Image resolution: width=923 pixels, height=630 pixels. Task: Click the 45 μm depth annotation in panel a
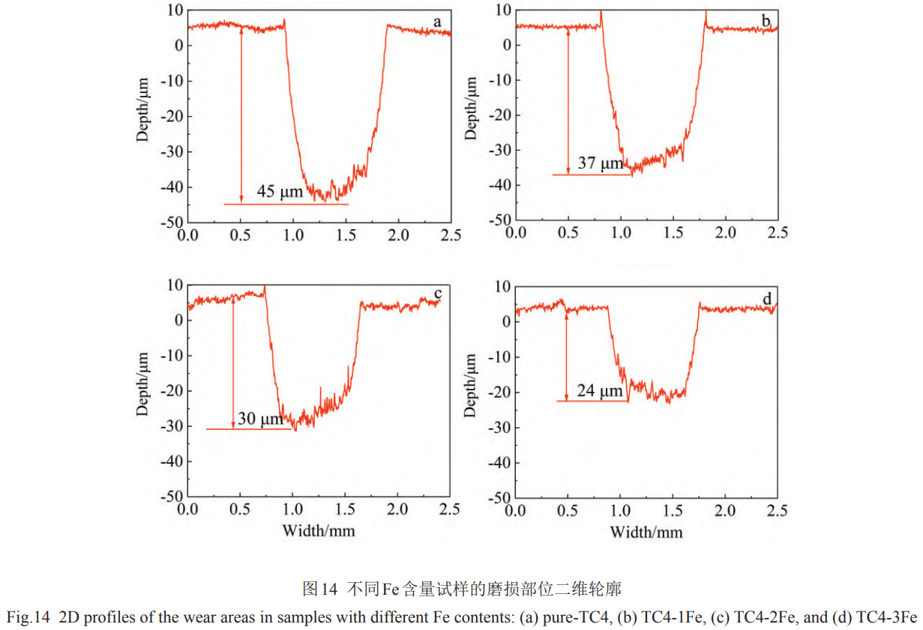[x=280, y=192]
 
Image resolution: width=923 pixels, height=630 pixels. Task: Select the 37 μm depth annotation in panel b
[x=601, y=163]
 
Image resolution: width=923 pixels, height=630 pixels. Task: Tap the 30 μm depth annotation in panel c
[x=260, y=419]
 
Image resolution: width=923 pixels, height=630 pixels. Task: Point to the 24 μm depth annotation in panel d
[x=600, y=391]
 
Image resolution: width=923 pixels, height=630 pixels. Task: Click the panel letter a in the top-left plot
[x=437, y=22]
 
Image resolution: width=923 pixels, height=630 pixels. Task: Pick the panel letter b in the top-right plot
[x=766, y=22]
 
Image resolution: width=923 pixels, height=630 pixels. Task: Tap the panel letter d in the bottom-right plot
[x=766, y=300]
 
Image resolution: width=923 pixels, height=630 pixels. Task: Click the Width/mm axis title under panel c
[x=318, y=531]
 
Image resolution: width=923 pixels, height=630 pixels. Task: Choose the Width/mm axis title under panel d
[x=646, y=532]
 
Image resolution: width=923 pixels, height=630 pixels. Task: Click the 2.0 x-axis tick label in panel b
[x=725, y=233]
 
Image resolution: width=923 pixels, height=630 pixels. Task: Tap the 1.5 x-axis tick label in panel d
[x=673, y=510]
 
